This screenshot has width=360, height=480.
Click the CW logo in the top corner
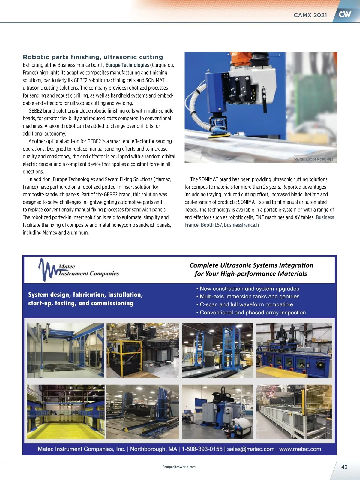point(345,14)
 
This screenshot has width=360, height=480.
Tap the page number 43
point(344,467)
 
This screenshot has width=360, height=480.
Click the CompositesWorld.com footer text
point(179,467)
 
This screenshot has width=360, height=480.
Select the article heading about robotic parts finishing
point(93,57)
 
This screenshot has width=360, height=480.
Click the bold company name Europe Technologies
point(127,65)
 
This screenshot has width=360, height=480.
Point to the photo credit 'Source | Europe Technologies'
point(314,159)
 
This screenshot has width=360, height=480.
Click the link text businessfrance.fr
point(241,225)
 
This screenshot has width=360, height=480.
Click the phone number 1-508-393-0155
point(202,449)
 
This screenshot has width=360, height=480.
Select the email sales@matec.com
point(250,449)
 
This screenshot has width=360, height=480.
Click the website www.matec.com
point(300,449)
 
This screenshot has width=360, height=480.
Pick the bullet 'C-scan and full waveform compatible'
point(246,304)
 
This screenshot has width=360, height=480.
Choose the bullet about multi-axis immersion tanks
point(249,296)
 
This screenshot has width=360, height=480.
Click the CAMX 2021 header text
point(310,15)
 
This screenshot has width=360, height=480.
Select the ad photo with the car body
point(142,412)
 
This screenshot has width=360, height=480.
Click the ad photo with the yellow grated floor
point(66,412)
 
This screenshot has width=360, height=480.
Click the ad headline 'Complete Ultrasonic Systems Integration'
point(251,265)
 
